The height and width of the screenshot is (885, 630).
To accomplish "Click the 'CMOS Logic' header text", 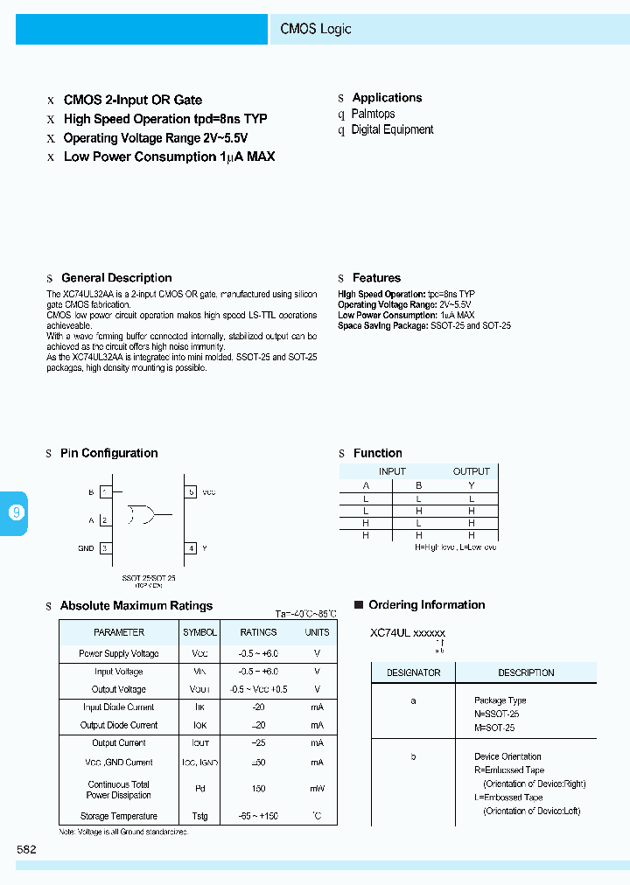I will coord(316,29).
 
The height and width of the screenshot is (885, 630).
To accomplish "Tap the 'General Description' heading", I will coord(116,278).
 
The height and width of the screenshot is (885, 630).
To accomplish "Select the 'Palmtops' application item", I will coord(373,114).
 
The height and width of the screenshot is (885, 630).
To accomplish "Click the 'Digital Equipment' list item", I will coord(392,129).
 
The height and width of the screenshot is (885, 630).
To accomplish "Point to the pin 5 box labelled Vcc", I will coord(191,492).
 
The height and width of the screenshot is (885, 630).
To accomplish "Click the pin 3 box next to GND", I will coord(105,548).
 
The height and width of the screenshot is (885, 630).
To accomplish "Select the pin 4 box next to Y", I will coord(191,548).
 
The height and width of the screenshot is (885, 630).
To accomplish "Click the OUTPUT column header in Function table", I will coord(471,471).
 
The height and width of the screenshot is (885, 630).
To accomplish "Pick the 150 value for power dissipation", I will coord(259,790).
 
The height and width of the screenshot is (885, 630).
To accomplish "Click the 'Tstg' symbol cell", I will coord(199,817).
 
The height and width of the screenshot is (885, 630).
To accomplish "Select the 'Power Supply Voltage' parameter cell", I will coord(119,653).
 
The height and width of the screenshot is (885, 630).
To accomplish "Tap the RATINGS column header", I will coord(259,632).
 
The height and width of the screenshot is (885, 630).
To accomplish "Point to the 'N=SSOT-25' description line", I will coord(496,714).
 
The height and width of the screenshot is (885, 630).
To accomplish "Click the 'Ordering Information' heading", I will coord(426,605).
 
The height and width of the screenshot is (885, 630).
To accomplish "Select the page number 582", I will coord(26,849).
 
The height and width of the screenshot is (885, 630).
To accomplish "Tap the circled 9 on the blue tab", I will coord(16,513).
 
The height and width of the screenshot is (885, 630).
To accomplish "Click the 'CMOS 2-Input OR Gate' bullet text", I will coord(133,100).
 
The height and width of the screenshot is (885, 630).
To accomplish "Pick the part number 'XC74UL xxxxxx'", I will coord(408,633).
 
